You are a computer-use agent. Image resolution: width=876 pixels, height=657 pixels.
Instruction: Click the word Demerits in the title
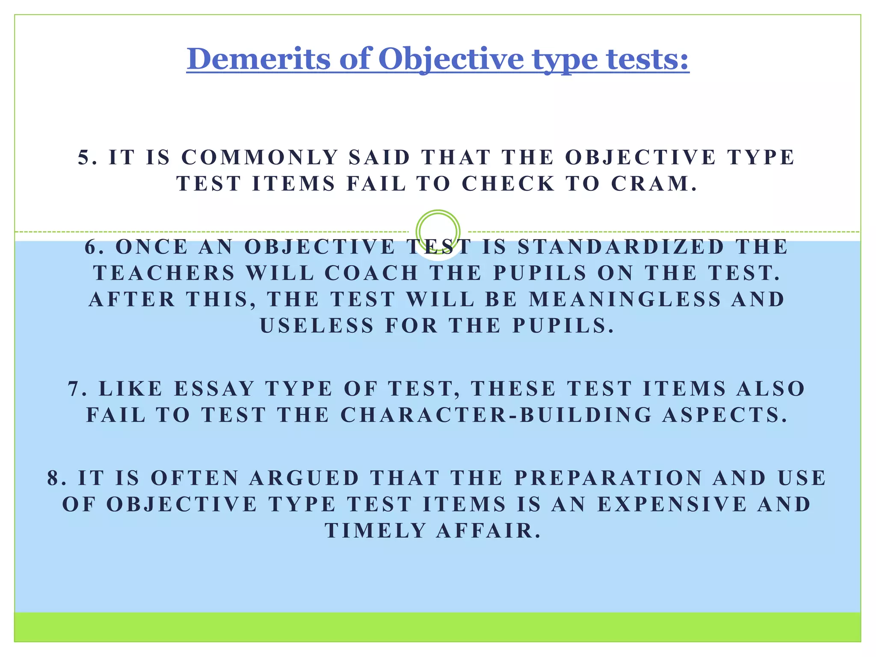pyautogui.click(x=258, y=59)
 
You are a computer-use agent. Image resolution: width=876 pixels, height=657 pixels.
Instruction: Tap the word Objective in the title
pyautogui.click(x=451, y=59)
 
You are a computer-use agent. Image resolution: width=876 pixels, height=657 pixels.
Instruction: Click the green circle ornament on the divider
pyautogui.click(x=438, y=231)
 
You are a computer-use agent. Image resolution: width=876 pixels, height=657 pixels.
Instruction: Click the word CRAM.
pyautogui.click(x=654, y=183)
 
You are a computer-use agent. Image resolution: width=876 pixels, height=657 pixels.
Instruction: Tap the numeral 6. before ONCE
pyautogui.click(x=95, y=247)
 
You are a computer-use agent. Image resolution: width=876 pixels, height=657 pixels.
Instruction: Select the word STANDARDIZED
pyautogui.click(x=621, y=247)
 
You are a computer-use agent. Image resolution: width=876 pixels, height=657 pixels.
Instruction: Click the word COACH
pyautogui.click(x=371, y=273)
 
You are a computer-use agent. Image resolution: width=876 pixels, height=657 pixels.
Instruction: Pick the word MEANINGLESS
pyautogui.click(x=625, y=299)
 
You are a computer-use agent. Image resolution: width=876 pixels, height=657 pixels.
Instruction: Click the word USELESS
pyautogui.click(x=317, y=326)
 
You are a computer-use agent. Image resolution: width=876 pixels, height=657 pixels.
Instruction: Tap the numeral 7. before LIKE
pyautogui.click(x=77, y=389)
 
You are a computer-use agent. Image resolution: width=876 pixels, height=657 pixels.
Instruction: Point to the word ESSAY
pyautogui.click(x=215, y=389)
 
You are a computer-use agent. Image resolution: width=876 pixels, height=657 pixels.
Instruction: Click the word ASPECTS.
pyautogui.click(x=725, y=415)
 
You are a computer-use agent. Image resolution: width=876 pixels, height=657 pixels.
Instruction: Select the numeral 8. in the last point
pyautogui.click(x=57, y=478)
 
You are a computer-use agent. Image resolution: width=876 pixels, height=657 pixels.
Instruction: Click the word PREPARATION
pyautogui.click(x=608, y=478)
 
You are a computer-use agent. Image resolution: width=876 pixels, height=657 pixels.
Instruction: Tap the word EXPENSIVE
pyautogui.click(x=672, y=504)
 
